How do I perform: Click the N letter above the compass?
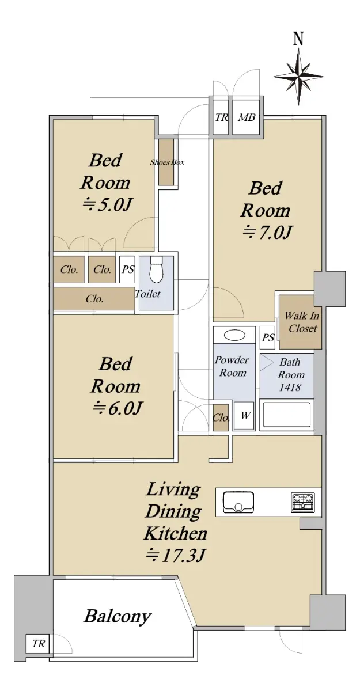point(298,39)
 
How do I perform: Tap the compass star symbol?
point(298,77)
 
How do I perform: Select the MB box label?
point(247,117)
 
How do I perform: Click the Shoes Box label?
point(167,162)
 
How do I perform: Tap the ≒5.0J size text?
point(107,204)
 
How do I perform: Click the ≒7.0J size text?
point(267,232)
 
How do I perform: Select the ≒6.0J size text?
point(118,408)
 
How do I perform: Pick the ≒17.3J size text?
point(176,555)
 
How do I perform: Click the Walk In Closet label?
point(301,322)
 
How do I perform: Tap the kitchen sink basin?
point(238,503)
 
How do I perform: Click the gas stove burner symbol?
point(302,503)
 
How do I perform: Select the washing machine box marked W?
point(244,416)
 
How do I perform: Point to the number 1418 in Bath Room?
point(290,387)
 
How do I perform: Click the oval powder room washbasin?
point(234,335)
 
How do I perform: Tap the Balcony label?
point(118,616)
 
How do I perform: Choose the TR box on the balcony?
point(37,644)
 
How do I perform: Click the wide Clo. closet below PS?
point(94,299)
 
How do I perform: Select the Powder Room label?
point(232,366)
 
